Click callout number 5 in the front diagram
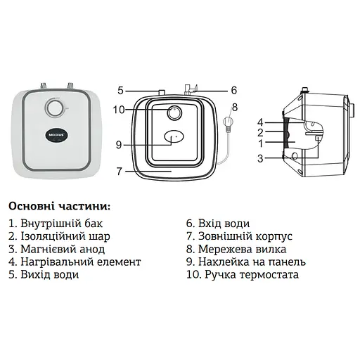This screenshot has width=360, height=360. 120,90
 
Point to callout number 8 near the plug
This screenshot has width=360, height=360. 234,107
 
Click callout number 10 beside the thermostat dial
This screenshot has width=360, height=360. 119,109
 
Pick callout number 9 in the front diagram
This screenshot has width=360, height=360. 119,144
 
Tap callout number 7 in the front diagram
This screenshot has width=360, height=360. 120,170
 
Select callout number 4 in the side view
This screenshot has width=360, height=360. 259,122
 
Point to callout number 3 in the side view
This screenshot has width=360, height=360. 259,159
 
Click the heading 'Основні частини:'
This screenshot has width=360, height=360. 59,207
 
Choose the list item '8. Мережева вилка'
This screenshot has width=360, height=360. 233,249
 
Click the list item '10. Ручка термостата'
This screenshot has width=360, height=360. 242,274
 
